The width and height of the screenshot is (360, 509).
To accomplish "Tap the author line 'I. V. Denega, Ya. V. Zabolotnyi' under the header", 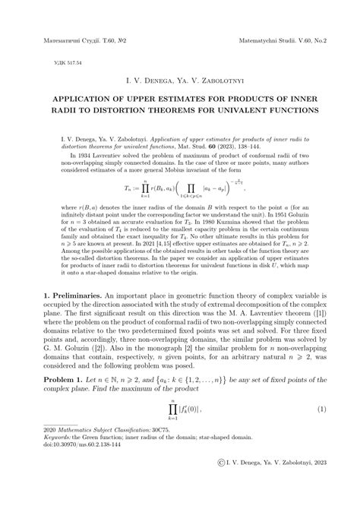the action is tap(179, 78).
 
